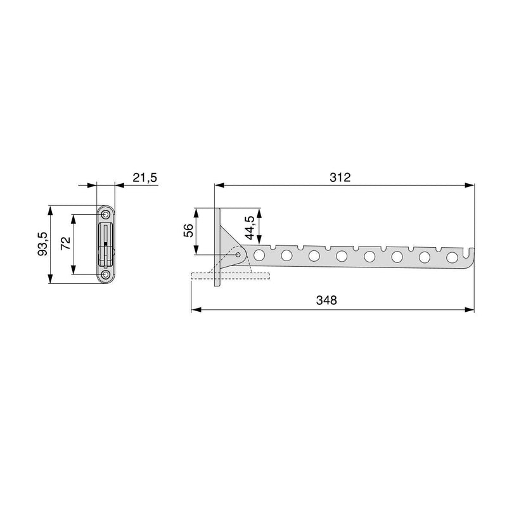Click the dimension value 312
pyautogui.click(x=340, y=178)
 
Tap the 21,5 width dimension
pyautogui.click(x=144, y=178)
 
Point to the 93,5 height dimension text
pyautogui.click(x=42, y=243)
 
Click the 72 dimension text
pyautogui.click(x=65, y=243)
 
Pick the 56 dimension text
pyautogui.click(x=188, y=230)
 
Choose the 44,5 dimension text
pyautogui.click(x=250, y=228)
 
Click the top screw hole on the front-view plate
pyautogui.click(x=105, y=214)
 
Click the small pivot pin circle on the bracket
pyautogui.click(x=239, y=255)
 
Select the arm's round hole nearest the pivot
pyautogui.click(x=259, y=255)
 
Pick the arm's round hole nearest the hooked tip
pyautogui.click(x=452, y=258)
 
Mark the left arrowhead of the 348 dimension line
pyautogui.click(x=195, y=310)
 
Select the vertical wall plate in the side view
pyautogui.click(x=217, y=248)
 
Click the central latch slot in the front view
pyautogui.click(x=105, y=243)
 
